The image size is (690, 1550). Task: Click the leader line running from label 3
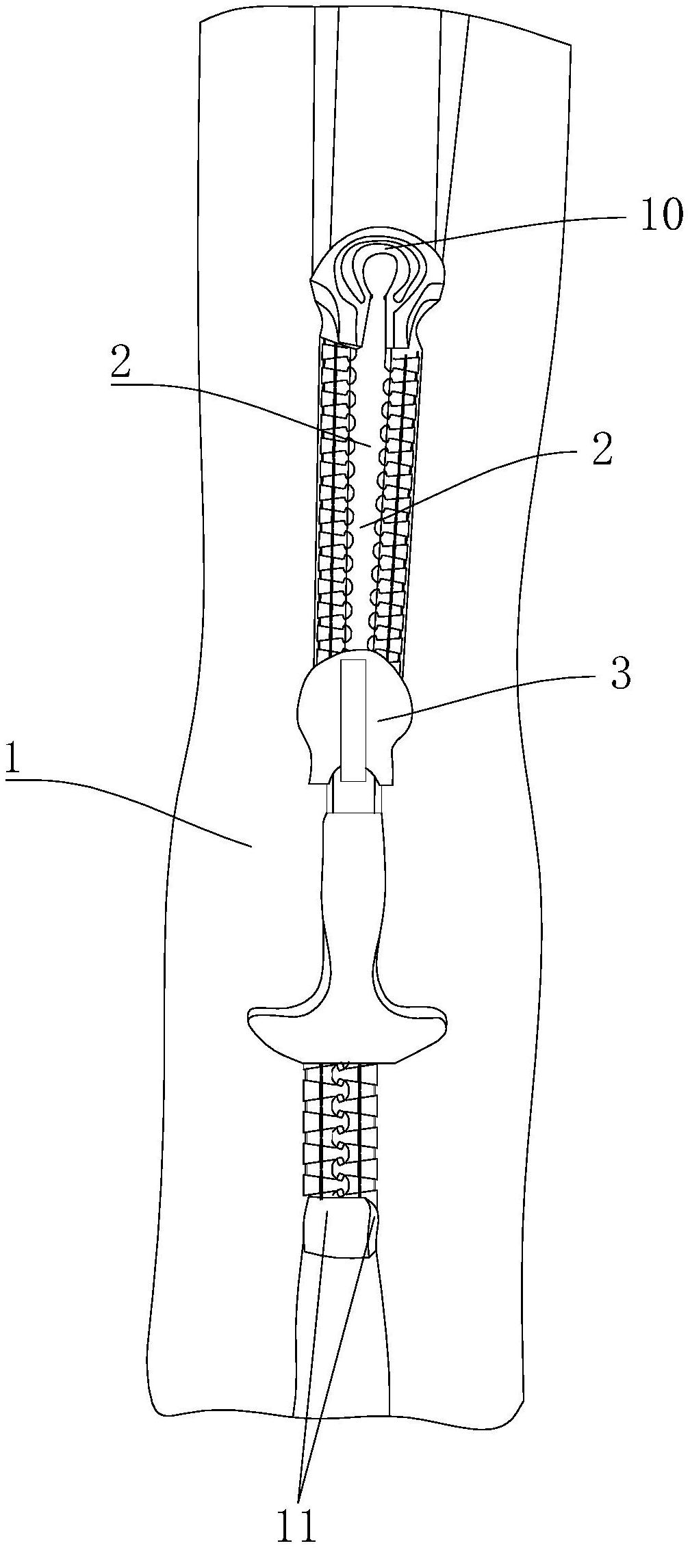point(493,696)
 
